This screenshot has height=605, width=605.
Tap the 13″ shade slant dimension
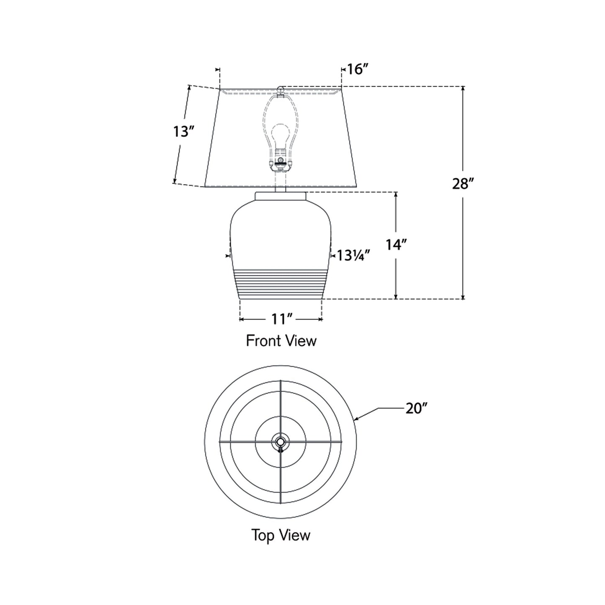click(x=183, y=132)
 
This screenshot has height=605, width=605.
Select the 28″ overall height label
click(x=463, y=183)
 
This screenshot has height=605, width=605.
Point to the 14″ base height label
click(x=396, y=245)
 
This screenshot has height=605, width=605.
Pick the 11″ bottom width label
click(x=281, y=319)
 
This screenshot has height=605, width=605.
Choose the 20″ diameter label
click(x=416, y=408)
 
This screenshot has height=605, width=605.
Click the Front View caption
click(x=281, y=341)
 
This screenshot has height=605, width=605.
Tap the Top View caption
click(x=281, y=535)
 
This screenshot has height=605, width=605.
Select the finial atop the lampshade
click(x=281, y=89)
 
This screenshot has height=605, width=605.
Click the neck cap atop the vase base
click(x=281, y=196)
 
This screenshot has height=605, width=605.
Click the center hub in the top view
click(x=280, y=442)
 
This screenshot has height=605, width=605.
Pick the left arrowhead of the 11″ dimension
click(x=242, y=319)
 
